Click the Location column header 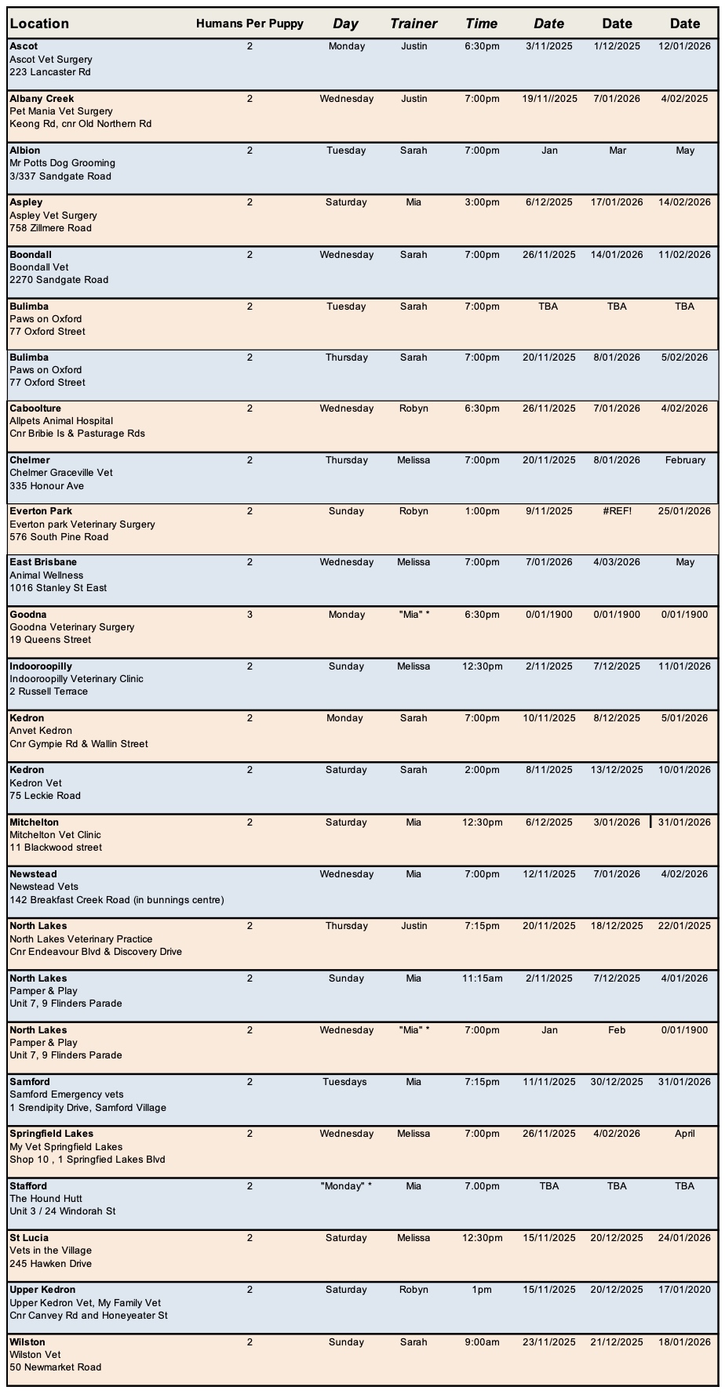point(39,24)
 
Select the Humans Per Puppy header point(250,24)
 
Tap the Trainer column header point(414,24)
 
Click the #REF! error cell point(617,511)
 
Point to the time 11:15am point(482,978)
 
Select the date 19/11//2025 point(549,99)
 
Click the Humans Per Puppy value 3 point(250,615)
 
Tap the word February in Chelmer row point(685,460)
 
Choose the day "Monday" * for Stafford point(346,1186)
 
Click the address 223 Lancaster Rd point(50,72)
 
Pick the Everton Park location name point(41,511)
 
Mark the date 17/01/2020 point(684,1290)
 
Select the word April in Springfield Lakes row point(684,1134)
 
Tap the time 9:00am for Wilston point(482,1342)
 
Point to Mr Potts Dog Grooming point(63,163)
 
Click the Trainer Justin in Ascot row point(414,46)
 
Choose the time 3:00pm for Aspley point(482,202)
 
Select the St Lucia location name point(29,1238)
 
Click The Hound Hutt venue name point(46,1199)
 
